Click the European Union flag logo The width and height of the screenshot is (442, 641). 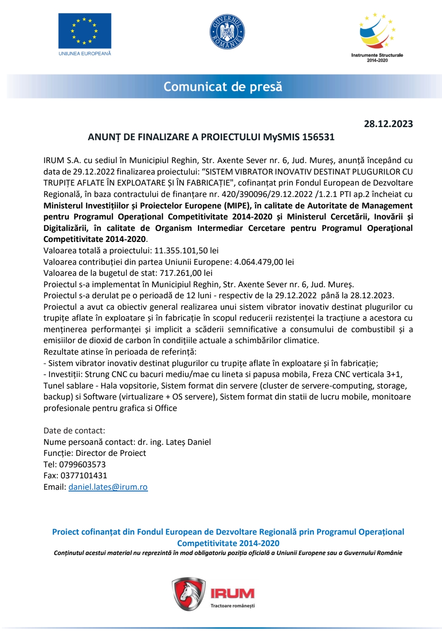click(x=85, y=31)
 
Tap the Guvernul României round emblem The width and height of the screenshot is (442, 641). click(x=227, y=32)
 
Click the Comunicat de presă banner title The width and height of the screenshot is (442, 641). click(x=223, y=87)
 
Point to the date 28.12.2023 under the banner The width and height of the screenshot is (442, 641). click(x=388, y=124)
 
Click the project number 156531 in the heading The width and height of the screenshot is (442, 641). click(x=318, y=137)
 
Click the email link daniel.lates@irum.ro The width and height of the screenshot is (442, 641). click(x=108, y=487)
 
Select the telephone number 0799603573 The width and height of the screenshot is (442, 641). click(x=82, y=464)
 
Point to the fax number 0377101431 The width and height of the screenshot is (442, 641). click(x=84, y=475)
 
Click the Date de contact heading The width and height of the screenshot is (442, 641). click(x=74, y=430)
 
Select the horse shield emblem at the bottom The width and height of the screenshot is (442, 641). click(x=189, y=594)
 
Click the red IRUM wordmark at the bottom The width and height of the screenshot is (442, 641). click(x=232, y=593)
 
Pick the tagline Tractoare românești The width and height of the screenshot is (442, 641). click(x=233, y=606)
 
